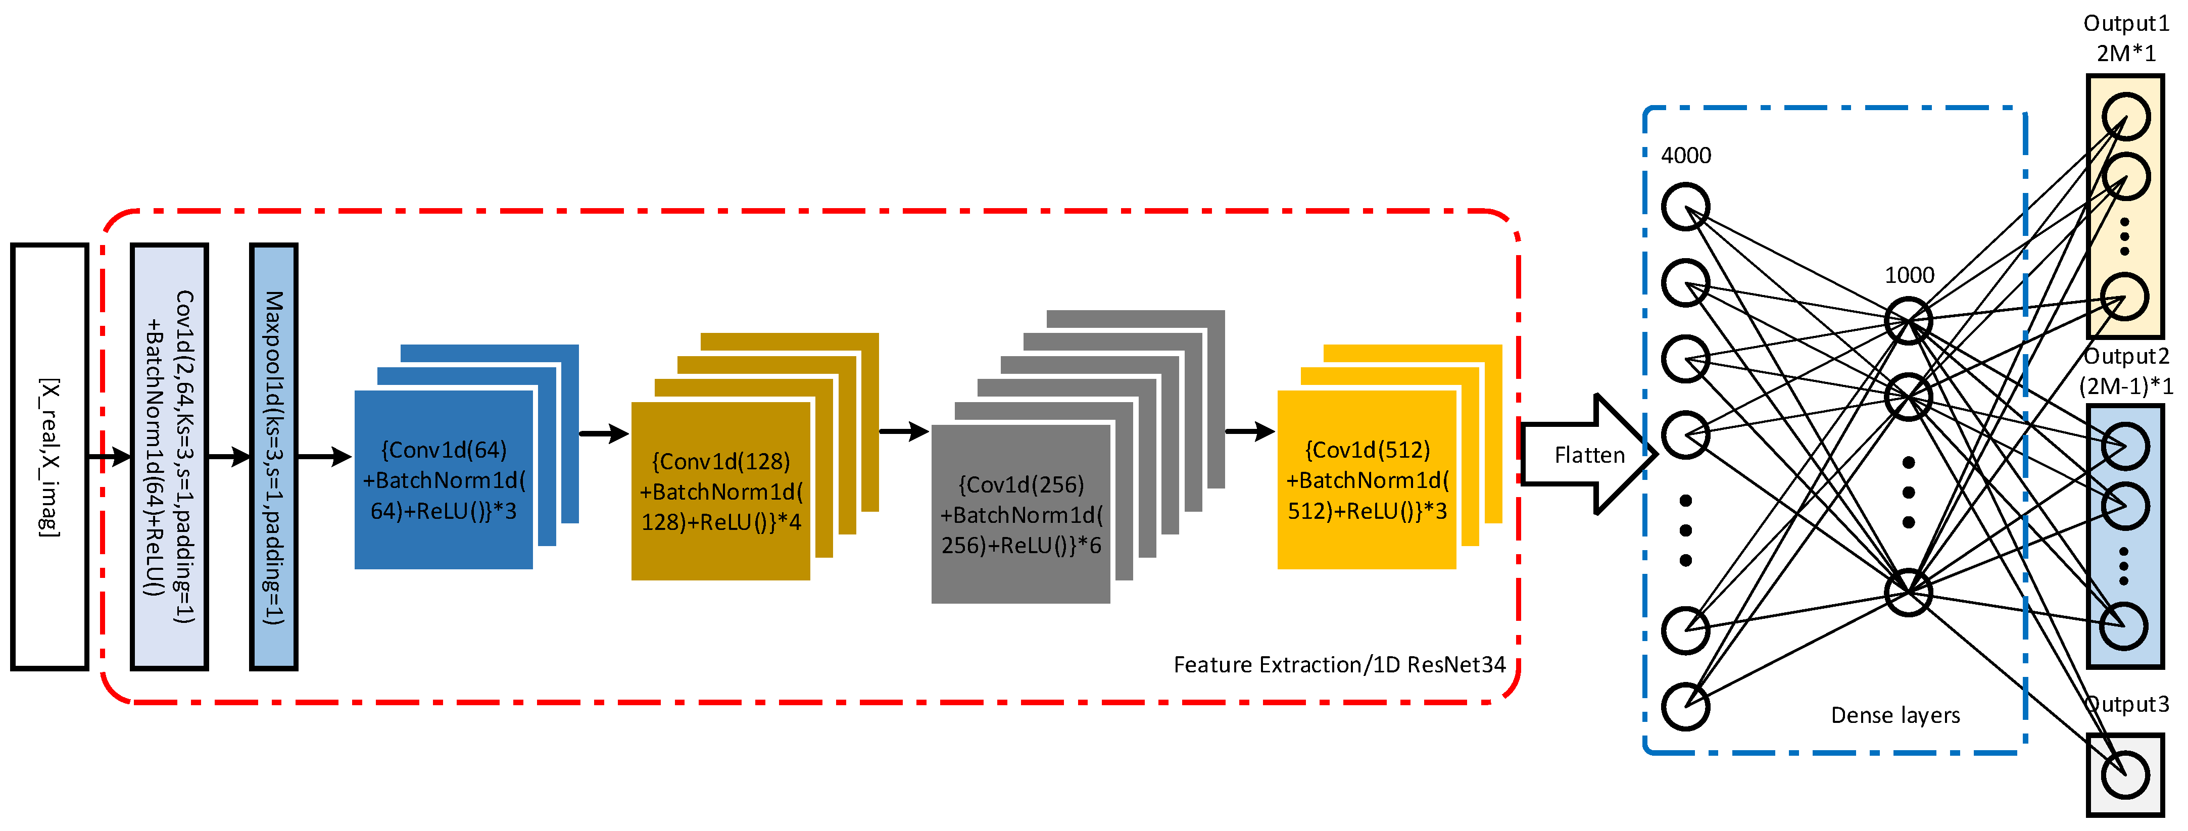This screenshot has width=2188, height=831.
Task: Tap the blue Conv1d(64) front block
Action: pos(444,479)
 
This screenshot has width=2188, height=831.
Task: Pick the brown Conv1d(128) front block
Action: pos(720,491)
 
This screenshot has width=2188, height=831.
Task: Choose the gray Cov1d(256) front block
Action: pos(1020,514)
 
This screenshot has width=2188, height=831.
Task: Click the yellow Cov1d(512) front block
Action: pos(1367,479)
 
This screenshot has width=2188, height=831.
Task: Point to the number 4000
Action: pos(1686,156)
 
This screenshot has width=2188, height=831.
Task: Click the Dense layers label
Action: pos(1895,715)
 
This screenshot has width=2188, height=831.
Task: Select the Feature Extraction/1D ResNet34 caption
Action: pos(1339,664)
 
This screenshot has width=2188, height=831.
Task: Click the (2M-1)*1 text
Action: pos(2125,386)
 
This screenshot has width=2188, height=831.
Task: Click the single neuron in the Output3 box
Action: pos(2125,775)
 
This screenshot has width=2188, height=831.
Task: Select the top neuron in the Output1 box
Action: pos(2125,116)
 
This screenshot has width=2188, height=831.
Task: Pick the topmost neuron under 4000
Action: pos(1685,207)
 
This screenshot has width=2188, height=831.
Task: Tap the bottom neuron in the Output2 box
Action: pos(2125,626)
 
